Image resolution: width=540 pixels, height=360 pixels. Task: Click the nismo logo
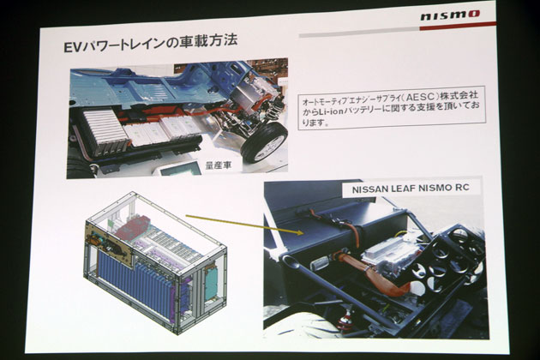click(450, 15)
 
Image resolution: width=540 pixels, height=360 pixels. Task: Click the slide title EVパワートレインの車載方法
click(151, 44)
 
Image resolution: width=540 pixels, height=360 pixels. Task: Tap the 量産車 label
click(219, 165)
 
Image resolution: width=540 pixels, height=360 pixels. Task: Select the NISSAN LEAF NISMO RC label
click(411, 189)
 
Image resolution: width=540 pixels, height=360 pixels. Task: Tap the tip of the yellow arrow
click(303, 233)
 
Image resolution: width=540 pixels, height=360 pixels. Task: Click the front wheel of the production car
click(264, 143)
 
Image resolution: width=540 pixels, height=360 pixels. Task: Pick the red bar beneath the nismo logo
click(458, 27)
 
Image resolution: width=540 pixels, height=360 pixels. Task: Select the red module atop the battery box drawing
click(132, 228)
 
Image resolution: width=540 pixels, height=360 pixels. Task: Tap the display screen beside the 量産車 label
click(181, 169)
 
